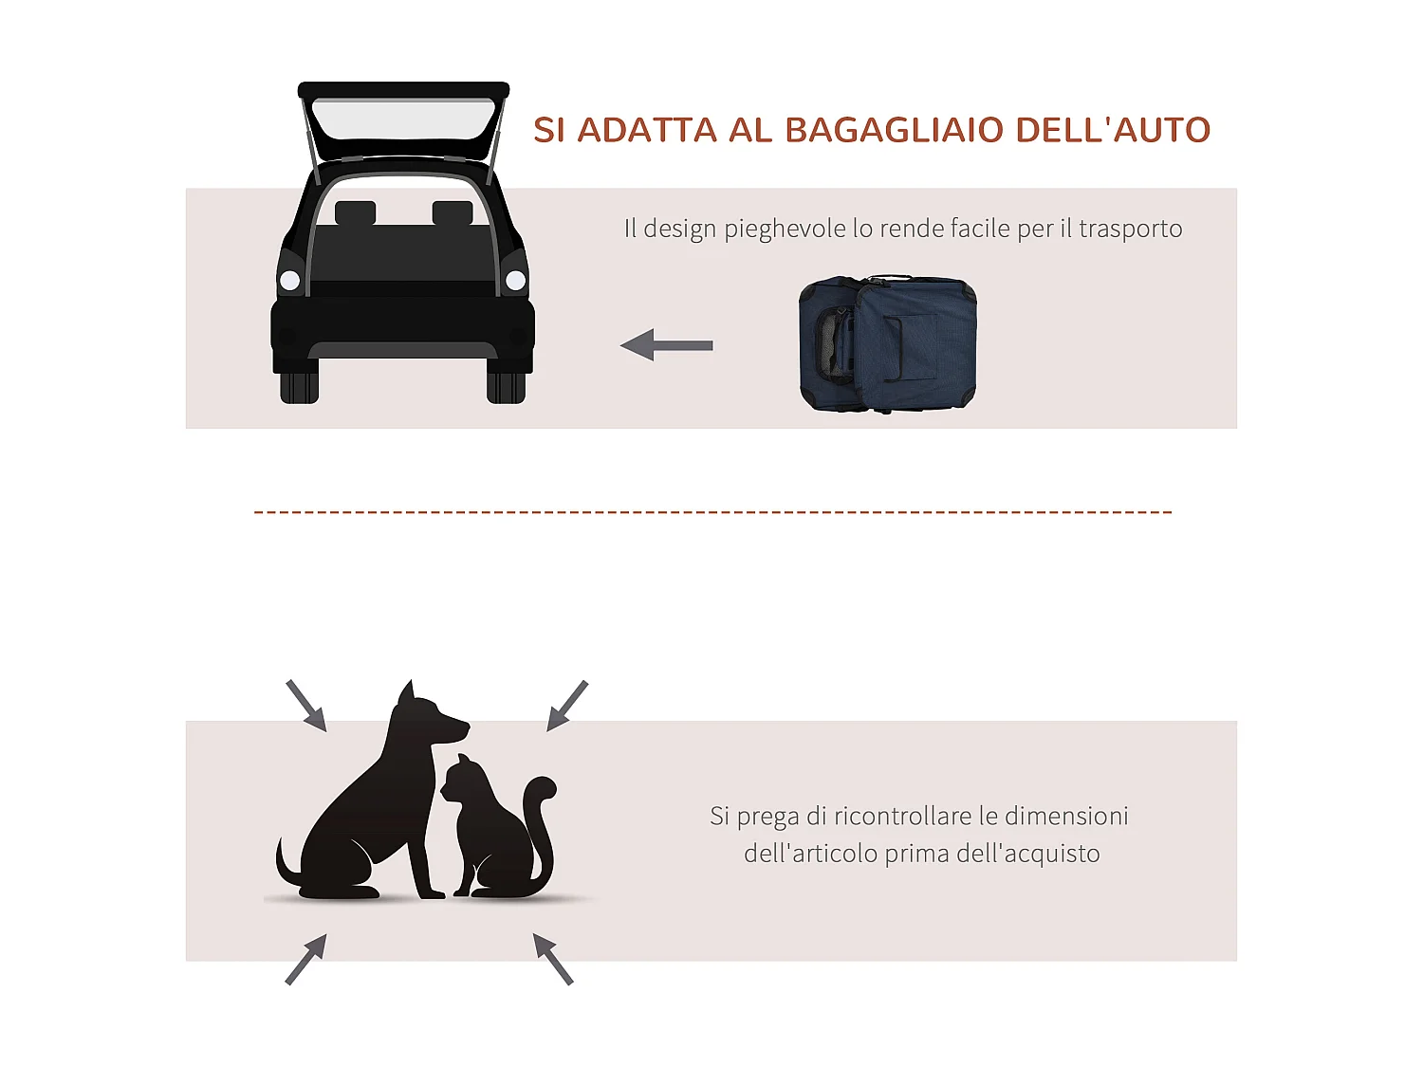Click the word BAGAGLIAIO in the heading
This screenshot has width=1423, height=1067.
pyautogui.click(x=894, y=130)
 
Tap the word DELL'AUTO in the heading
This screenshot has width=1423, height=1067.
pyautogui.click(x=1113, y=130)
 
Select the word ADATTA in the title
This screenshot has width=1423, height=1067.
pyautogui.click(x=647, y=130)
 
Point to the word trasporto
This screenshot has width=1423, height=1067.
pyautogui.click(x=1130, y=230)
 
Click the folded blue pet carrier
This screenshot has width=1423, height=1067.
pyautogui.click(x=887, y=343)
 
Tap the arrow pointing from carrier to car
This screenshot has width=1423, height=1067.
pyautogui.click(x=667, y=344)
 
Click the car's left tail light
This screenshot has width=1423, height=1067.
pyautogui.click(x=290, y=280)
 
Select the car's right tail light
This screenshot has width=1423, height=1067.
pyautogui.click(x=515, y=280)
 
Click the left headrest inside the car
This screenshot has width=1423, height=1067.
pyautogui.click(x=355, y=213)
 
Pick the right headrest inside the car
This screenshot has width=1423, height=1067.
pyautogui.click(x=453, y=213)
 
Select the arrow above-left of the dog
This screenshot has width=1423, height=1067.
pyautogui.click(x=306, y=706)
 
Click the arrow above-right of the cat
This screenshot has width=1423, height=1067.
pyautogui.click(x=567, y=706)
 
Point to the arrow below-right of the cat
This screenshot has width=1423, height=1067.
pyautogui.click(x=553, y=958)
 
